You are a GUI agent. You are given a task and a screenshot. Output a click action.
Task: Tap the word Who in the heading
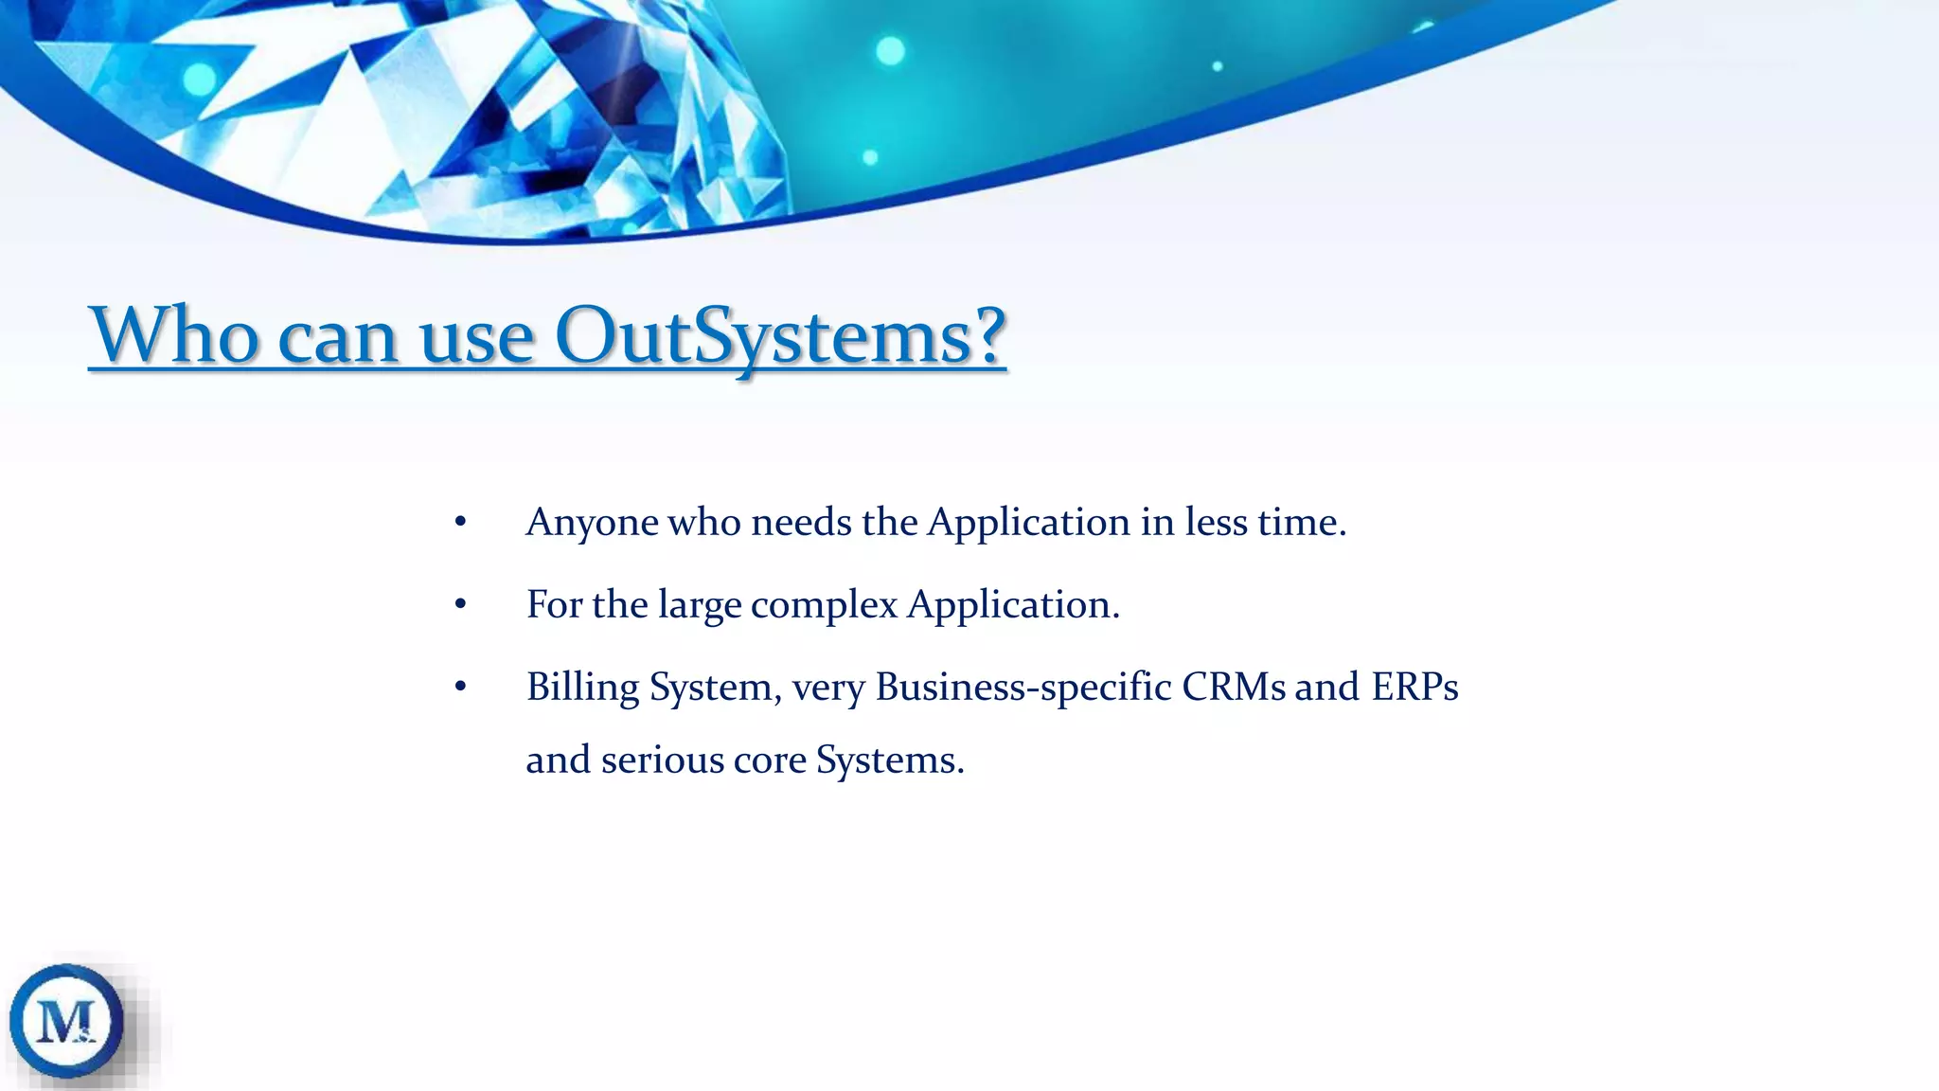click(x=173, y=336)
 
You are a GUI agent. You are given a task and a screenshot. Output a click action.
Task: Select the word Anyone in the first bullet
click(x=592, y=523)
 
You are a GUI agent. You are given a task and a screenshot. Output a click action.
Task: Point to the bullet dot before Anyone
click(x=460, y=523)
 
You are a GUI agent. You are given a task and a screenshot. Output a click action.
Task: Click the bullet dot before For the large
click(x=460, y=605)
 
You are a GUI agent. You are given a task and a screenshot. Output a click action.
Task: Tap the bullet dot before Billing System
click(x=460, y=688)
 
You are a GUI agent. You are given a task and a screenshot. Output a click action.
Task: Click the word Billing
click(x=582, y=688)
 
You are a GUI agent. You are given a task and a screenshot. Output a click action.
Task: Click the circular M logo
click(x=66, y=1021)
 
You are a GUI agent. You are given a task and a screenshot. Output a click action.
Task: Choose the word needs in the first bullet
click(x=801, y=523)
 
